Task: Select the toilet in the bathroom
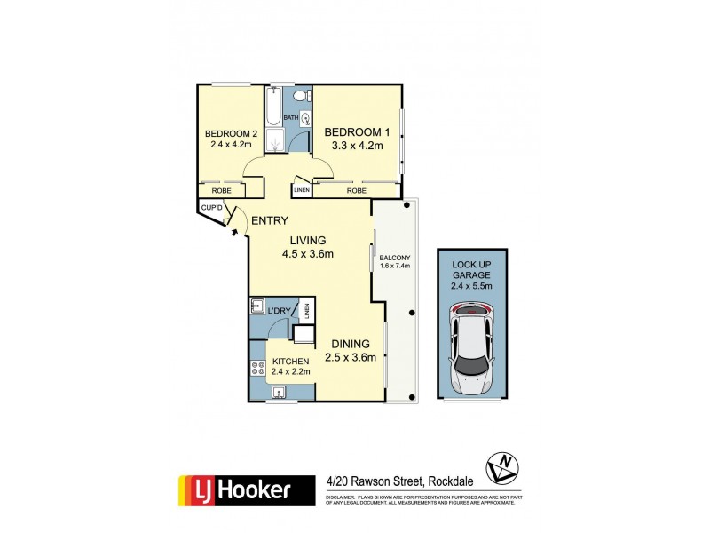(x=302, y=96)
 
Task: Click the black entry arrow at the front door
(x=234, y=232)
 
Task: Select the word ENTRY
(x=268, y=220)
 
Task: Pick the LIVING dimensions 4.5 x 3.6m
(x=308, y=254)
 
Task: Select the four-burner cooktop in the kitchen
(x=258, y=367)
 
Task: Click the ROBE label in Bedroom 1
(x=356, y=190)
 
